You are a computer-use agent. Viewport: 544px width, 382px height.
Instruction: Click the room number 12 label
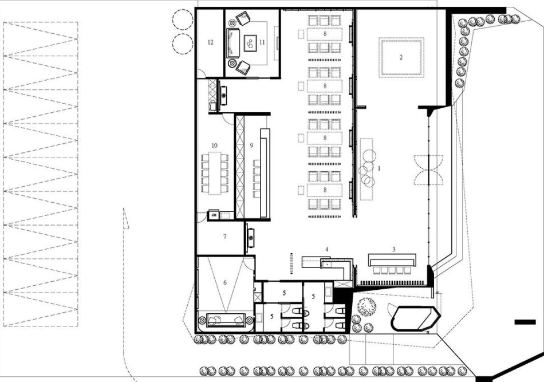point(210,42)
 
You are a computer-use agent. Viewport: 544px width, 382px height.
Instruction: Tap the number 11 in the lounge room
point(262,42)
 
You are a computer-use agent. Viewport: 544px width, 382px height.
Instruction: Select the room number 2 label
point(401,57)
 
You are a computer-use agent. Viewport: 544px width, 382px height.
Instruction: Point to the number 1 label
point(379,168)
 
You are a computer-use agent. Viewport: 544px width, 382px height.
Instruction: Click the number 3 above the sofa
point(394,249)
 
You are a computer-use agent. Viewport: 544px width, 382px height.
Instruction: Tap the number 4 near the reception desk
point(326,249)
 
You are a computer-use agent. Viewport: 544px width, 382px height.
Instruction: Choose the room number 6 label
point(225,283)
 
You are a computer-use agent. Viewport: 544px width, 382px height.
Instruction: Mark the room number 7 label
point(225,237)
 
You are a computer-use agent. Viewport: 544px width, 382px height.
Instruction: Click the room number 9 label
point(251,145)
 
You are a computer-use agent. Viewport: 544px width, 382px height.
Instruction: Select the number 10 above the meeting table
point(214,145)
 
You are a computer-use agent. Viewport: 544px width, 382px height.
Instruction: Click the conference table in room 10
point(215,173)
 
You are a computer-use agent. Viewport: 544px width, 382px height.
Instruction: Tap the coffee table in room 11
point(250,43)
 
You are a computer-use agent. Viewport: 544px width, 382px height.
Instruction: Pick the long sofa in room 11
point(233,43)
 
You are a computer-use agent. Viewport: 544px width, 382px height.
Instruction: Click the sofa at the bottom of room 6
point(225,320)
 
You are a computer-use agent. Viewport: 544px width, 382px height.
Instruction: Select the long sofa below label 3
point(392,260)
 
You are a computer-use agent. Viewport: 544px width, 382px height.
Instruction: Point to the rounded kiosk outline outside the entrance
point(416,318)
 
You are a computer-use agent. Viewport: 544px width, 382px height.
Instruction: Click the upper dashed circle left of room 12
point(183,19)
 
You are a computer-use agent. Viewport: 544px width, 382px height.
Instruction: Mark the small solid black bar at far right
point(525,322)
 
